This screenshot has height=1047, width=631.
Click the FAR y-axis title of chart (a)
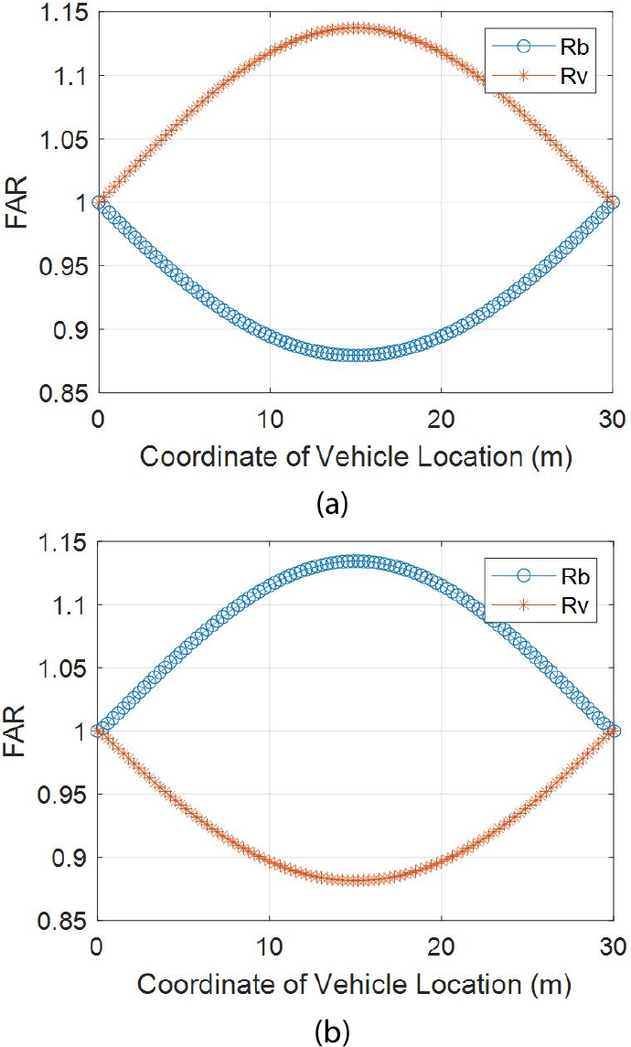16,202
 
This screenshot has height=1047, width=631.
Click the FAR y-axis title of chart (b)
16,732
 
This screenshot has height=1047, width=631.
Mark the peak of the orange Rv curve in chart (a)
355,28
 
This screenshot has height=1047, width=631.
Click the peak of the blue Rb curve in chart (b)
355,561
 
